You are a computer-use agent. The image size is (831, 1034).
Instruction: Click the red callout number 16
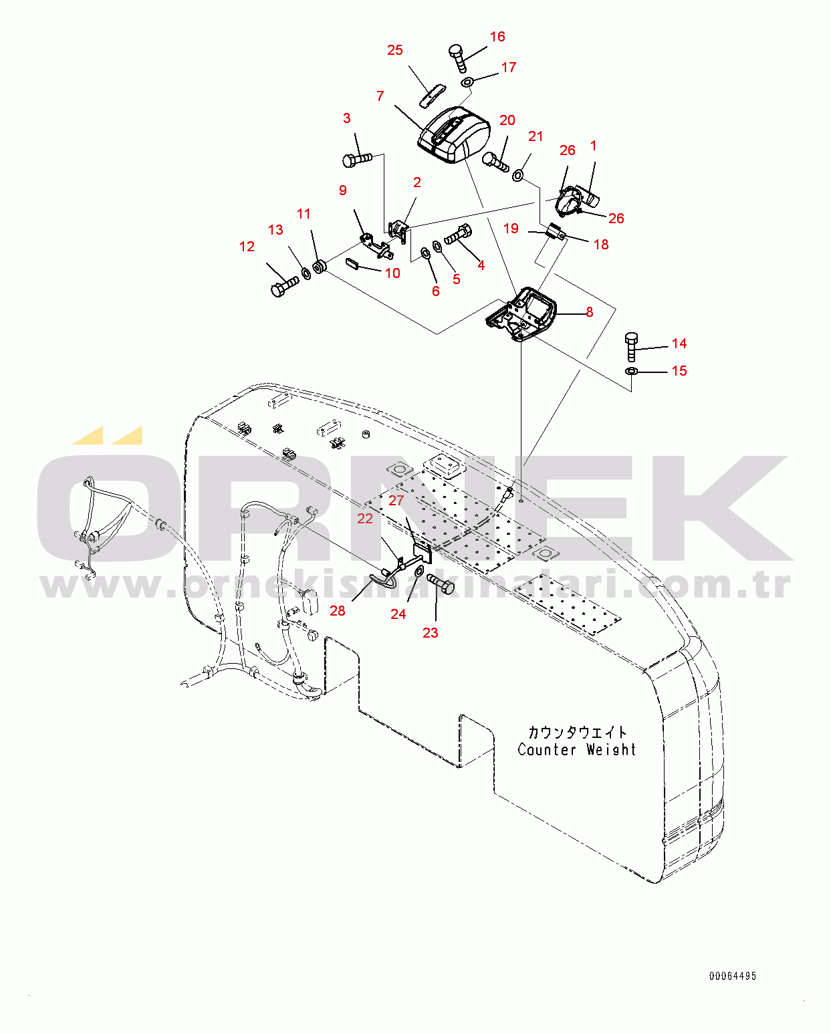497,37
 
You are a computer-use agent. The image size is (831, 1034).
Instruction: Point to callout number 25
394,50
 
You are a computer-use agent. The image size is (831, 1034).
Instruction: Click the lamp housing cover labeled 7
453,135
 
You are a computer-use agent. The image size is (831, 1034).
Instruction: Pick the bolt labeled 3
357,159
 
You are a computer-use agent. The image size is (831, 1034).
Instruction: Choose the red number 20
507,120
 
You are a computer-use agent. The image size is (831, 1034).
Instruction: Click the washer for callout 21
517,175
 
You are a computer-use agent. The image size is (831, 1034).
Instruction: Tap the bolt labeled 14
632,347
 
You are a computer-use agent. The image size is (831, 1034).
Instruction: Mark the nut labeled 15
632,371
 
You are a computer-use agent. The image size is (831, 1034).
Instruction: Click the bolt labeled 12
284,286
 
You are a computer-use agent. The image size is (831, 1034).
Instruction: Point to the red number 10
392,273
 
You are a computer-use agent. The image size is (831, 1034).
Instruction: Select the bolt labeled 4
458,235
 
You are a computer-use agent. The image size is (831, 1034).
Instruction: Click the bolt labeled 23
441,584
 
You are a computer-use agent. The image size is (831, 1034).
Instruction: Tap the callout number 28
338,611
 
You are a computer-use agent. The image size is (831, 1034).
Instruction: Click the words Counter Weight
577,749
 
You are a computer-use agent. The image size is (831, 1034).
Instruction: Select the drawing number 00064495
733,976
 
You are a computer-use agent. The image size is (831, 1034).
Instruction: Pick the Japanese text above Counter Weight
578,733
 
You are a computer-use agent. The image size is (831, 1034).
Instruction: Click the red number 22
365,519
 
